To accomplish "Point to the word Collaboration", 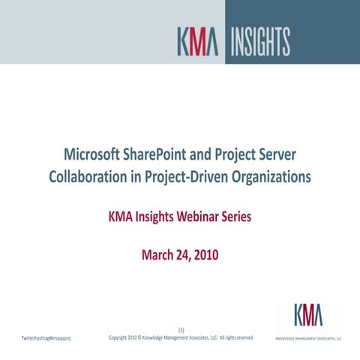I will [x=90, y=178].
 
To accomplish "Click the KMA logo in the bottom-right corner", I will [x=308, y=316].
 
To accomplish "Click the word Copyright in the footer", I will [x=121, y=337].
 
